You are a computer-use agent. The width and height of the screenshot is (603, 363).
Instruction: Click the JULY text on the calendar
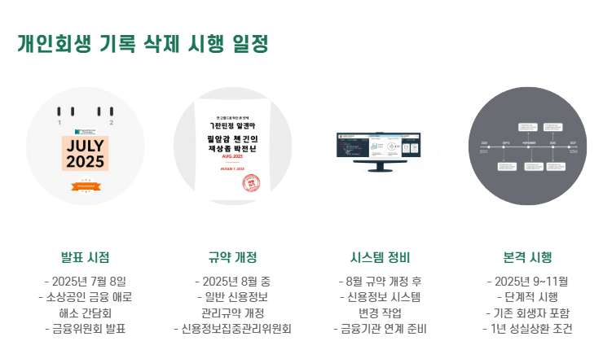point(86,145)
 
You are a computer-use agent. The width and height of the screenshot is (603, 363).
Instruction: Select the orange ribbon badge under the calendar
point(86,186)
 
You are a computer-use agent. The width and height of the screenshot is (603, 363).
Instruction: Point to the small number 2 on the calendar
point(111,123)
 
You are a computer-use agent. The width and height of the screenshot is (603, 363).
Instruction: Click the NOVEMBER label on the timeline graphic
point(530,142)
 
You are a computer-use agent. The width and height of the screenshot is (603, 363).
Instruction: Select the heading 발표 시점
point(86,257)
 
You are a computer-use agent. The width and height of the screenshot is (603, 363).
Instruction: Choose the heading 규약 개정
point(232,257)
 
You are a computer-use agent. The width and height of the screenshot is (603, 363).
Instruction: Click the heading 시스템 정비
point(380,257)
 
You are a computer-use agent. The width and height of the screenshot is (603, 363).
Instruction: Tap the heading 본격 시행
point(527,257)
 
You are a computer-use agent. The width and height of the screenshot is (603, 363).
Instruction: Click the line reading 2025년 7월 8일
point(86,281)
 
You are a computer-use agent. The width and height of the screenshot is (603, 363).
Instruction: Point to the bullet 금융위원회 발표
point(86,329)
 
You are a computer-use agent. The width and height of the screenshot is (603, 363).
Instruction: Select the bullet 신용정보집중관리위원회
point(232,329)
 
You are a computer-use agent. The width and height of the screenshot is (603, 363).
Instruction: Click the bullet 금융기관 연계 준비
point(380,329)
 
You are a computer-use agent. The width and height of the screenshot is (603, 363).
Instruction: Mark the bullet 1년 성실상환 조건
point(527,329)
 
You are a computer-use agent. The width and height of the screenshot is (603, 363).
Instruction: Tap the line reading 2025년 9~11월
point(527,281)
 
